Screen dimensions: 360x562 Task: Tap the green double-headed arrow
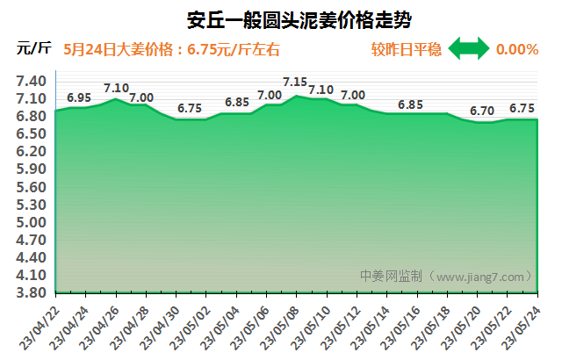[x=469, y=49]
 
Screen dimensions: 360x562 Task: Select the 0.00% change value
[x=516, y=49]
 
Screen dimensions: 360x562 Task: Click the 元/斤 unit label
[x=33, y=49]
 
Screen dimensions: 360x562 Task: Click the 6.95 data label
[x=79, y=97]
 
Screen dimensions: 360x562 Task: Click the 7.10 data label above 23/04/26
[x=116, y=88]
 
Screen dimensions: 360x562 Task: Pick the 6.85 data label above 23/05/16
[x=410, y=104]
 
